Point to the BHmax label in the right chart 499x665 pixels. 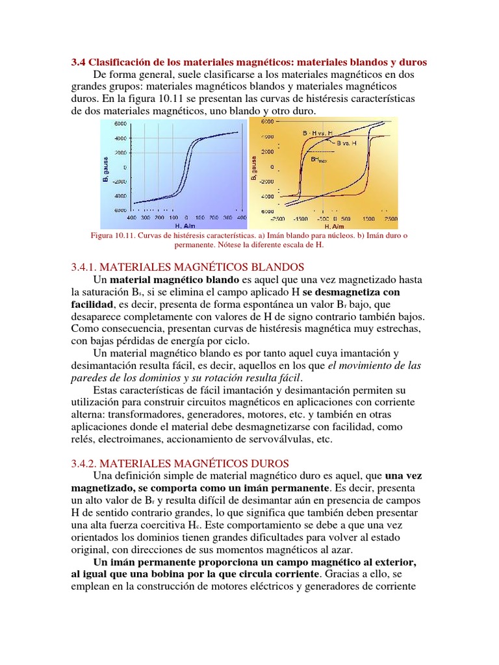click(318, 158)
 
